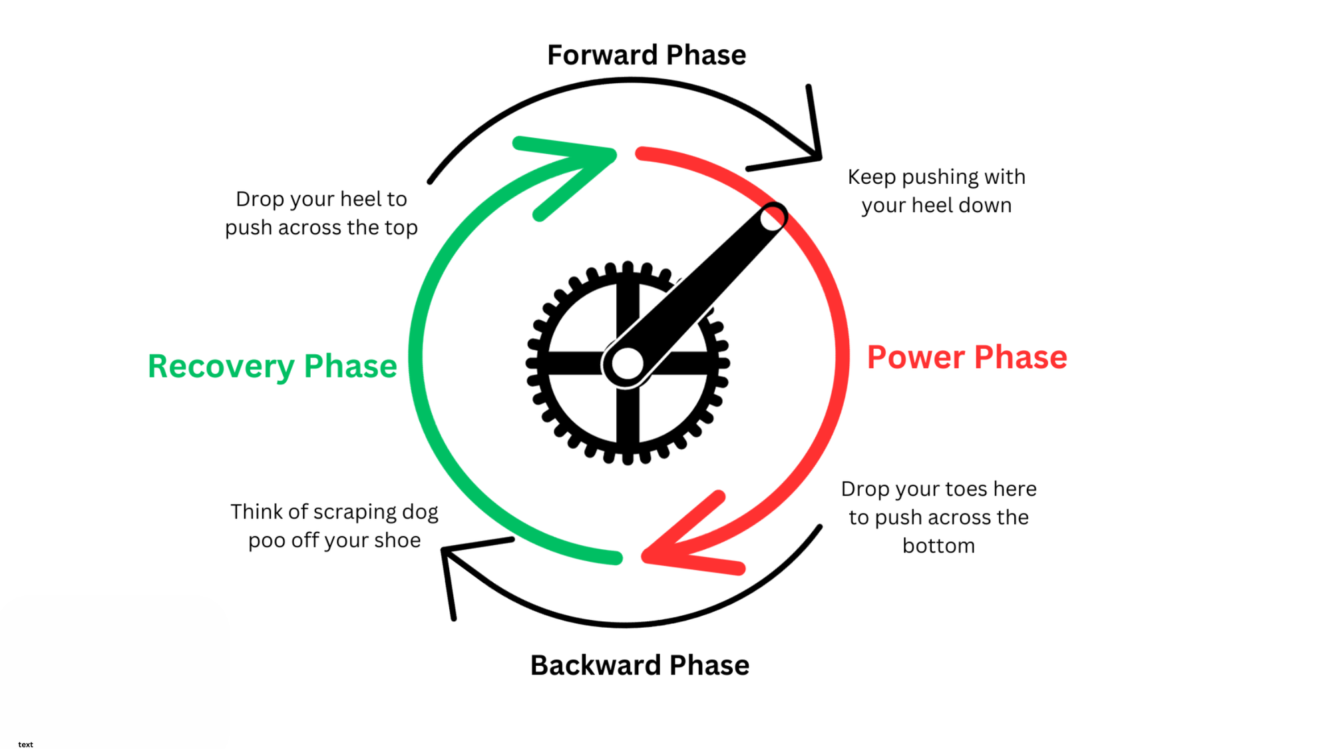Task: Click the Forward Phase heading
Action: (646, 55)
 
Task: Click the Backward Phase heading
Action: (640, 665)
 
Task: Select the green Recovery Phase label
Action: (272, 366)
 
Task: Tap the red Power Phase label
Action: (967, 358)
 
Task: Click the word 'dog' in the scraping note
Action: (420, 512)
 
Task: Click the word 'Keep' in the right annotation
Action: (871, 177)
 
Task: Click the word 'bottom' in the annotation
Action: (938, 546)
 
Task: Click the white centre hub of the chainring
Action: (627, 364)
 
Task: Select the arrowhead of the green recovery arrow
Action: (586, 160)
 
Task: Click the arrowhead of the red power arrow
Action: (672, 549)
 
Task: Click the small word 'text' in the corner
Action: (25, 744)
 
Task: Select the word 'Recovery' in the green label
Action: (221, 366)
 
